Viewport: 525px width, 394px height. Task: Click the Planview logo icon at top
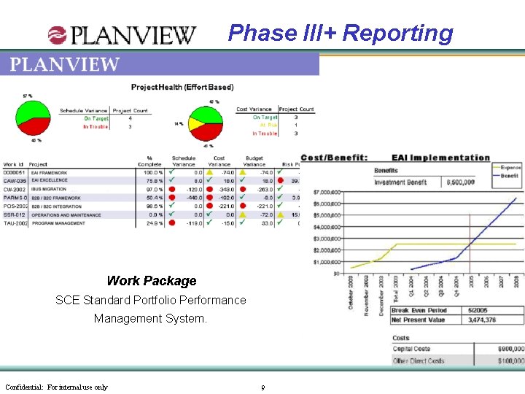[x=57, y=34]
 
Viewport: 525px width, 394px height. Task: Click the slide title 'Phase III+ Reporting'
[x=341, y=33]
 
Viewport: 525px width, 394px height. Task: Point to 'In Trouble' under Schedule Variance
[x=96, y=127]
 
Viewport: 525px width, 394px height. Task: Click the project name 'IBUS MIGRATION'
[x=49, y=189]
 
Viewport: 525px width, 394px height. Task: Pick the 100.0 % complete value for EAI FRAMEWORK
[x=152, y=173]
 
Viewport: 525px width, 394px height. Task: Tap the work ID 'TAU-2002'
[x=15, y=223]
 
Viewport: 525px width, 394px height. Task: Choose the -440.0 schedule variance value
[x=193, y=198]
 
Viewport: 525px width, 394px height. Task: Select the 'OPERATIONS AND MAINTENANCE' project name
[x=66, y=215]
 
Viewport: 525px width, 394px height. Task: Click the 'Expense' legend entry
[x=510, y=168]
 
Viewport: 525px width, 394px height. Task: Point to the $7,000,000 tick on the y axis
[x=326, y=192]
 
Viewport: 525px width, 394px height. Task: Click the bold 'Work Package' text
[x=152, y=281]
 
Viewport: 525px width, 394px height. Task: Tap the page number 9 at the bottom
[x=262, y=387]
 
